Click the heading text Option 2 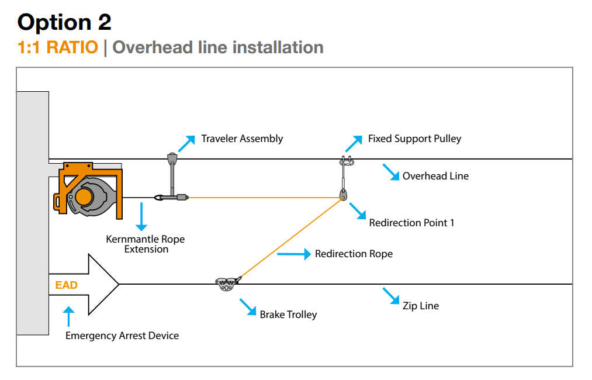[x=64, y=22]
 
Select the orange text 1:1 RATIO [x=58, y=47]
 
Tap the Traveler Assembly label [x=242, y=139]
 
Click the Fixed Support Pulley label [x=414, y=139]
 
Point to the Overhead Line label [x=435, y=175]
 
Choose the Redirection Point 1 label [x=411, y=223]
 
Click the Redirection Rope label [x=354, y=254]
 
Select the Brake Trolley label [x=288, y=315]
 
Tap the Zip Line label [x=421, y=306]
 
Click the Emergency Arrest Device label [x=122, y=336]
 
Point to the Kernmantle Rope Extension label [x=146, y=244]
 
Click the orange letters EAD [x=67, y=285]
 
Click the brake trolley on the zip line [x=226, y=284]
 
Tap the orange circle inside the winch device [x=84, y=196]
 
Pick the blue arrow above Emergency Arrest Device [x=68, y=316]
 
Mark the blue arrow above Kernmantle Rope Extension [x=140, y=217]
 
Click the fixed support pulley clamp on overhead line [x=345, y=161]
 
